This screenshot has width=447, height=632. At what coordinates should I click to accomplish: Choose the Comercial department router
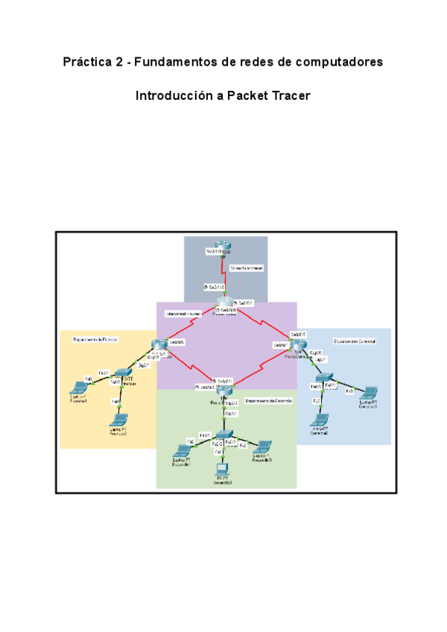click(299, 344)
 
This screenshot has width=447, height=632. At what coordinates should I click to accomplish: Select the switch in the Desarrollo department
click(228, 434)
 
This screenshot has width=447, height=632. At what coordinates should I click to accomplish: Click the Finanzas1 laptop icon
click(77, 388)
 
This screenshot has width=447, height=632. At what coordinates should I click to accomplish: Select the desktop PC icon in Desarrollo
click(221, 470)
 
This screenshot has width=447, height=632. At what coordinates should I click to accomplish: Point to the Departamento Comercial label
click(355, 341)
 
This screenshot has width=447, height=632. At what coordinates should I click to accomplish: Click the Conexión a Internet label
click(247, 266)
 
